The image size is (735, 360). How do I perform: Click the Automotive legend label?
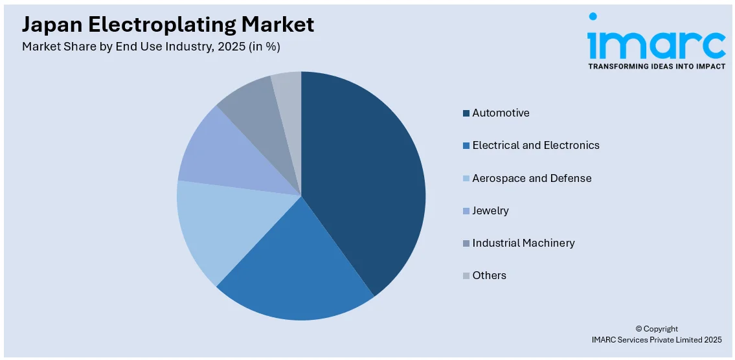tap(501, 113)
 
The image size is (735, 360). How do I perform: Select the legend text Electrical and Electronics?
tap(536, 145)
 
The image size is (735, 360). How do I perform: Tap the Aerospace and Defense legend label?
tap(532, 178)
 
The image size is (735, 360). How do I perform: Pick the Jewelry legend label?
tap(490, 210)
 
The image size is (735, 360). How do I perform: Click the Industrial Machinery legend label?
tap(523, 243)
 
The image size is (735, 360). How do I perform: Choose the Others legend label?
tap(489, 275)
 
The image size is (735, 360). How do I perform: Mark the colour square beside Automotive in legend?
tap(466, 113)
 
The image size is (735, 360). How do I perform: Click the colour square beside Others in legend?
tap(466, 276)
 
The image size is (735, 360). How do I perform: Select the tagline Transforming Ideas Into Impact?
tap(656, 66)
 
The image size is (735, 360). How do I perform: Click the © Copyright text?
tap(656, 329)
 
